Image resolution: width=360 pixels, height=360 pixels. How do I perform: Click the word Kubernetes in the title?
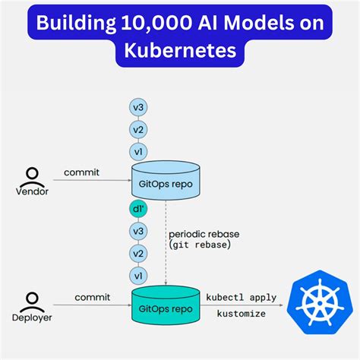(x=180, y=52)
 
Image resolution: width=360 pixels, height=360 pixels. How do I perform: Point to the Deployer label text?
(x=33, y=317)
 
